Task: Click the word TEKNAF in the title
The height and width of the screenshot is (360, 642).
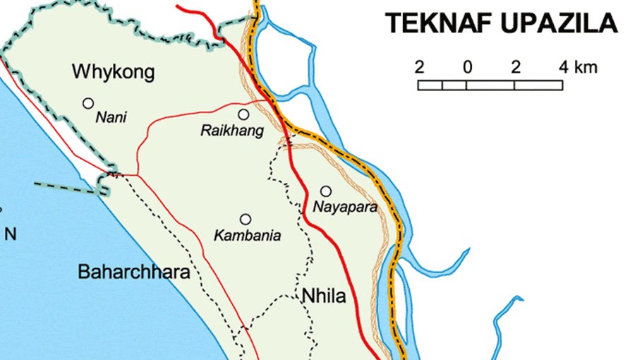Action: tap(438, 24)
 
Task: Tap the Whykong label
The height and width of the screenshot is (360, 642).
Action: tap(114, 72)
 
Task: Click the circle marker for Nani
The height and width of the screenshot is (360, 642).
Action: tap(88, 103)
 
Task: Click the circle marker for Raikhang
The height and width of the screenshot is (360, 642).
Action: tap(243, 114)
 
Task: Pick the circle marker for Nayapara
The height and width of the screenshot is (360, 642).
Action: tap(326, 191)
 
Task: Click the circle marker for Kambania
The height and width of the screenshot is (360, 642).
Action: tap(246, 219)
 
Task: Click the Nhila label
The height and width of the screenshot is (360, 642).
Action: tap(324, 296)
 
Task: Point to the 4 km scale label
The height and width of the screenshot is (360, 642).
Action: tap(578, 68)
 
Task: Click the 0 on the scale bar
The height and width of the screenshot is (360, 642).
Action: tap(467, 68)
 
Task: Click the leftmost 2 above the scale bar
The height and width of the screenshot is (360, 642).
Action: tap(419, 68)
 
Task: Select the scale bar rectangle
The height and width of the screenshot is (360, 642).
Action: tap(490, 85)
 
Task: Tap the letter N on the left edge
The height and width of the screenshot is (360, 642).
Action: tap(11, 235)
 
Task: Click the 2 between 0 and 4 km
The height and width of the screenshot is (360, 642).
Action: tap(516, 68)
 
